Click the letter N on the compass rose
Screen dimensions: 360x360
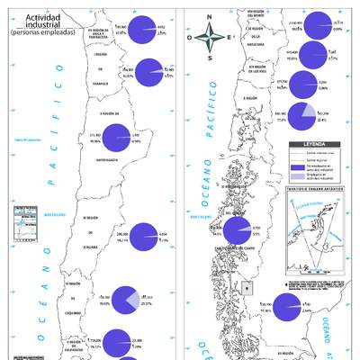pyautogui.click(x=209, y=17)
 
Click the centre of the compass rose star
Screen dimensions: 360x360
pyautogui.click(x=209, y=37)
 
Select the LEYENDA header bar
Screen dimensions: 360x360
pyautogui.click(x=315, y=143)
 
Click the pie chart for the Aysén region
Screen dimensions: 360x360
pyautogui.click(x=238, y=230)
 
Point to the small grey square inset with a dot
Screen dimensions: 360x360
pyautogui.click(x=247, y=288)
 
